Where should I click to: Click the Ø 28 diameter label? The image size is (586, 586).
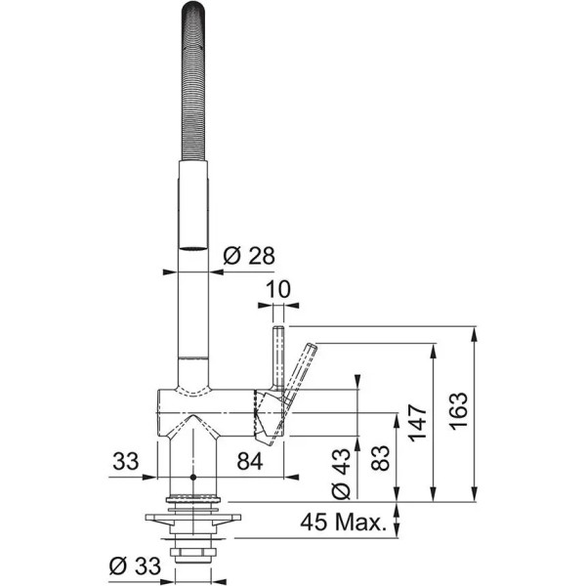pyautogui.click(x=249, y=256)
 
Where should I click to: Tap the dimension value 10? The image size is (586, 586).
pyautogui.click(x=278, y=289)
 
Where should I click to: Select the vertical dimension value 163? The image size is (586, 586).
pyautogui.click(x=458, y=411)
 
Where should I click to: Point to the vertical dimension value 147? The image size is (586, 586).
pyautogui.click(x=417, y=422)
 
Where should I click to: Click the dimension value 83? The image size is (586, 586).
pyautogui.click(x=381, y=458)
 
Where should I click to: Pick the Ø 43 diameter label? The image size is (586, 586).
pyautogui.click(x=341, y=474)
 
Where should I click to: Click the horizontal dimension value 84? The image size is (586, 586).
pyautogui.click(x=250, y=462)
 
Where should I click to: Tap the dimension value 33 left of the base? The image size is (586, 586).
pyautogui.click(x=126, y=461)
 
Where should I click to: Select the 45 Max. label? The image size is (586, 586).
pyautogui.click(x=343, y=523)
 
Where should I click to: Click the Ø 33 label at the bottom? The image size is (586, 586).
pyautogui.click(x=135, y=566)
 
